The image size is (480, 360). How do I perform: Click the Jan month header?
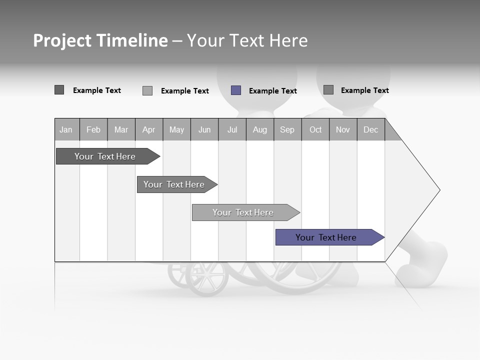[66, 129]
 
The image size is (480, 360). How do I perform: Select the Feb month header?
[93, 129]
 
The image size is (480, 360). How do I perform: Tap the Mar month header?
[121, 129]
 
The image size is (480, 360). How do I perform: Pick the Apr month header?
[149, 129]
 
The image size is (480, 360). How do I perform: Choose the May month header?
[176, 129]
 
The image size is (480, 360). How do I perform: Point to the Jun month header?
[204, 129]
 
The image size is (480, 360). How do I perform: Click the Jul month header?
[232, 129]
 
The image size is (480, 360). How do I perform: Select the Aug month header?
[260, 129]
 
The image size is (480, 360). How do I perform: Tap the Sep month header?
[287, 129]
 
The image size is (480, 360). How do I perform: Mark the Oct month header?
[315, 129]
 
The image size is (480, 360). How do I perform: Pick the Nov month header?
[343, 129]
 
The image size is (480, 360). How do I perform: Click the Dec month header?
[371, 129]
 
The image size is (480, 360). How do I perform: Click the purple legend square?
[236, 90]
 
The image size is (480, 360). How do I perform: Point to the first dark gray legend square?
[59, 90]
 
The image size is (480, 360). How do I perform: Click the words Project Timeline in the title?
[100, 40]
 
